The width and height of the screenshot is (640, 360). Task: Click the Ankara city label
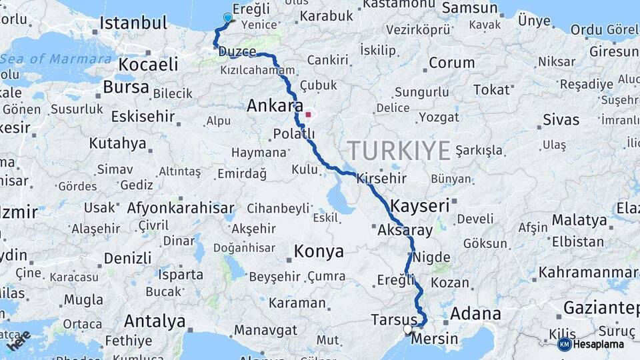coord(275,105)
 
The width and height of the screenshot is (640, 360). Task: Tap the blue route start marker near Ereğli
coord(228,18)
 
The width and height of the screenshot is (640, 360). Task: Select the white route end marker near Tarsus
coord(407,329)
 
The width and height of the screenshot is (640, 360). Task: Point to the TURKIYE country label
coord(399,151)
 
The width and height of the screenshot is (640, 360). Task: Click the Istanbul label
coord(133,23)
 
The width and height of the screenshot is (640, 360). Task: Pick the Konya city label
coord(319,251)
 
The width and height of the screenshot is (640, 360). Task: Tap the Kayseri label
coord(420,205)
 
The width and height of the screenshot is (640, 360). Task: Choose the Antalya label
coord(155,321)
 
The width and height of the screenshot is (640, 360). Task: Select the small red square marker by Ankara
coord(308,114)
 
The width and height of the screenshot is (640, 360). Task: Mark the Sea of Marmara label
coord(56,59)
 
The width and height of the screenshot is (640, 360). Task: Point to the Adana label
coord(475,313)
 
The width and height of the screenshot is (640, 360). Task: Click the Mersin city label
coord(435,339)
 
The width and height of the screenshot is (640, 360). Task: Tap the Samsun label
coord(470,8)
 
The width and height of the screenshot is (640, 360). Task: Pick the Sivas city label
coord(561,120)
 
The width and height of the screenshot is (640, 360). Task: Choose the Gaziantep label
coord(601,307)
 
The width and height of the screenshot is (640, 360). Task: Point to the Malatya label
coord(579,219)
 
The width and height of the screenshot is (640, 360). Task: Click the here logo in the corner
coord(18,341)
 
